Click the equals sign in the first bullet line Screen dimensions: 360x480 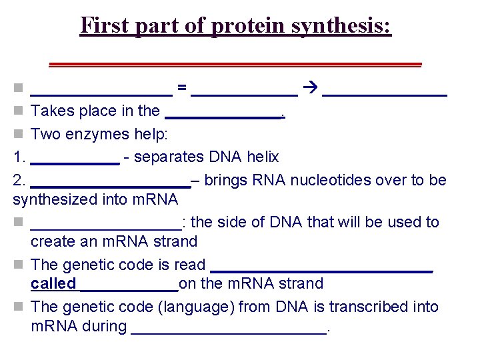181,87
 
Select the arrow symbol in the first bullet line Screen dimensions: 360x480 310,87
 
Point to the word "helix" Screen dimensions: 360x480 262,157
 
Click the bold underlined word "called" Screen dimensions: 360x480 53,284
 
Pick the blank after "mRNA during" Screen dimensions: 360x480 229,327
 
